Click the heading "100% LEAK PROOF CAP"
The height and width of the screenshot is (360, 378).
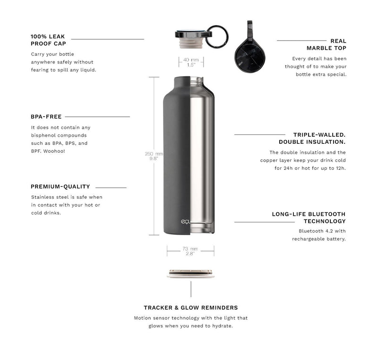[48, 40]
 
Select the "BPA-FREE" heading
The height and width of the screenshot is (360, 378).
[46, 116]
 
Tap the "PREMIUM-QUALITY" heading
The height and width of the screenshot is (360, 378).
[60, 187]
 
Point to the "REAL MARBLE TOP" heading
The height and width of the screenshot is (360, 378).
[326, 44]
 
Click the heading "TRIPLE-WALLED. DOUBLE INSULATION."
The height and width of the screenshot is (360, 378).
[312, 138]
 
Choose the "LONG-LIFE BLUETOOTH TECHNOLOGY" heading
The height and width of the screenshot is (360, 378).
[309, 218]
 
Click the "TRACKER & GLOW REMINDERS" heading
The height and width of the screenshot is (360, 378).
[190, 307]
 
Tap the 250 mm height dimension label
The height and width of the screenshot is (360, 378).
[154, 156]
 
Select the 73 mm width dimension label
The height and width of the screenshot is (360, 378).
[190, 251]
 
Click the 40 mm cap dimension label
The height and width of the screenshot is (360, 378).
[191, 62]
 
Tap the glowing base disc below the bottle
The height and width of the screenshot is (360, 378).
[191, 274]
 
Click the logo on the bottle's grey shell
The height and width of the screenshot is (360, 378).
[185, 222]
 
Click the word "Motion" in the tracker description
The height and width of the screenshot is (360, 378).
[143, 318]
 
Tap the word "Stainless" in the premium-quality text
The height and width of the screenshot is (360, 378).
[43, 197]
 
